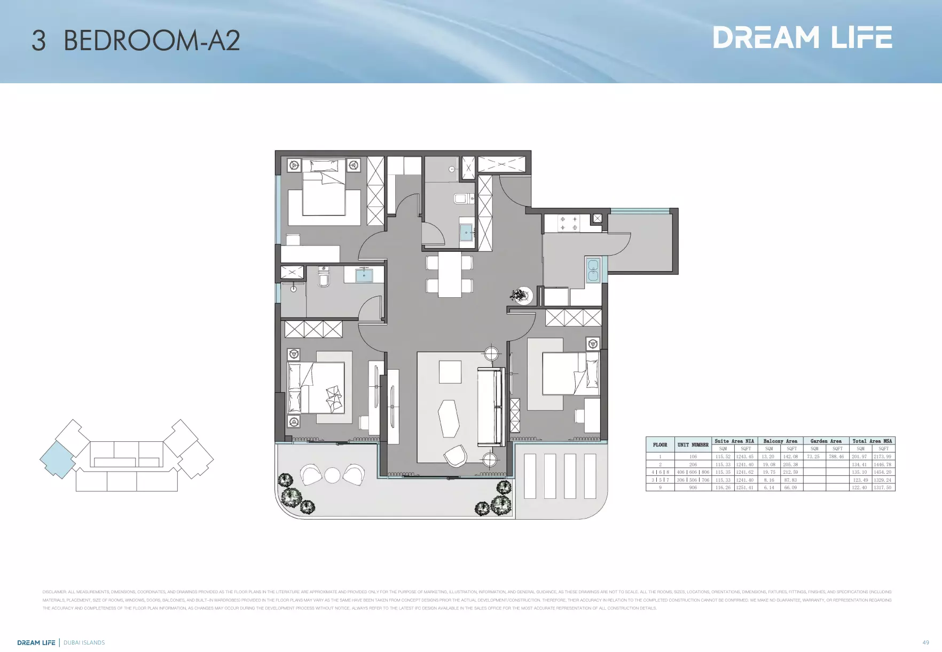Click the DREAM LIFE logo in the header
coord(802,37)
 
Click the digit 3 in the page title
coord(38,41)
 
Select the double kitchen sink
coord(593,270)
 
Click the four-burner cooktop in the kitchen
coord(568,223)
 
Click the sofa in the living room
coord(491,407)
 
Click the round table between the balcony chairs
coord(332,475)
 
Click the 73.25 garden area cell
coord(813,457)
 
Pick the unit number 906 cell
coord(693,488)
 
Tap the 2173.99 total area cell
coord(882,457)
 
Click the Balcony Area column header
coord(780,441)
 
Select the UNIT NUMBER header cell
coord(693,445)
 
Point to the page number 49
coord(925,642)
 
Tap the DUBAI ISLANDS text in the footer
coord(84,642)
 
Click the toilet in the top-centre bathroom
coord(460,199)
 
